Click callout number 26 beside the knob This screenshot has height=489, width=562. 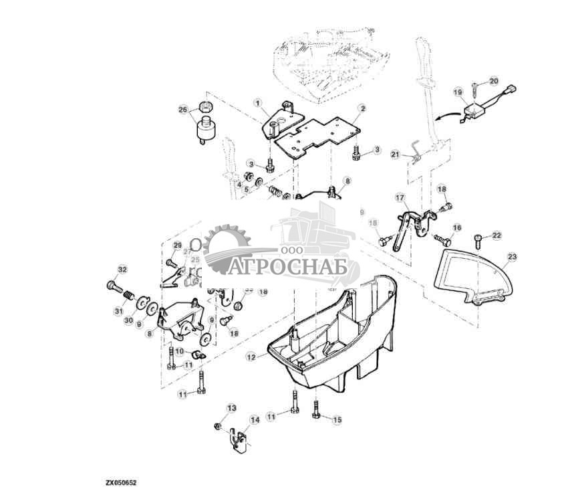(183, 109)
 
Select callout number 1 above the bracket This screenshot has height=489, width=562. (257, 102)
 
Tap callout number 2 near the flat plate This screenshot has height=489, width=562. (362, 108)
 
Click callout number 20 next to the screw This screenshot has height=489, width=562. (494, 81)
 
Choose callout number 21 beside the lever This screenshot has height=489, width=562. (395, 155)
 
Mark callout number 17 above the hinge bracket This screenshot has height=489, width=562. (400, 198)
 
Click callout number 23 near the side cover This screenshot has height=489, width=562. (512, 256)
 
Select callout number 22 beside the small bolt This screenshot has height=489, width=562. (497, 235)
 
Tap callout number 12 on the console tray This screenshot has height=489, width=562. (251, 357)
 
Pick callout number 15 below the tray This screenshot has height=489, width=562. (337, 419)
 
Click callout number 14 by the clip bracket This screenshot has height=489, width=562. (254, 419)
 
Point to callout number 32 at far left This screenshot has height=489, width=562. (122, 270)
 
